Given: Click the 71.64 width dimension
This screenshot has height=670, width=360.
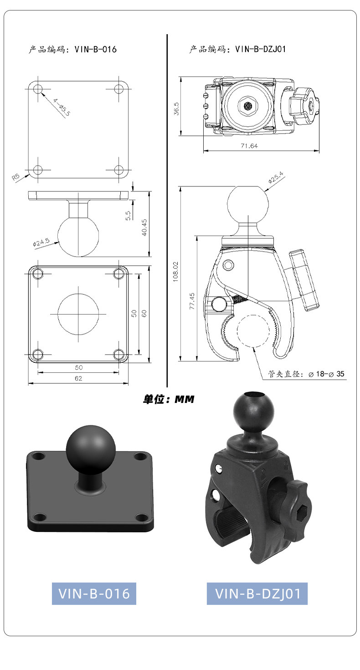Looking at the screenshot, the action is (249, 146).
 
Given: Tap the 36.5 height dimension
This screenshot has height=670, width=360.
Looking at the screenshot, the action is (176, 108).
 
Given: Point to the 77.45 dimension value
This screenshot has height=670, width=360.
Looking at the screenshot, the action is (192, 301).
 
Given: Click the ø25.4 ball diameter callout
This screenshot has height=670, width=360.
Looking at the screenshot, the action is (276, 177).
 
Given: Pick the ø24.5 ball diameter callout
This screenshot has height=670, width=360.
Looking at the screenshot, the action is (41, 242).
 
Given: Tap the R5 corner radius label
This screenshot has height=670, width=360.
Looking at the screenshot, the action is (15, 177).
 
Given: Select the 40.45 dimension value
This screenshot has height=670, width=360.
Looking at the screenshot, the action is (144, 227).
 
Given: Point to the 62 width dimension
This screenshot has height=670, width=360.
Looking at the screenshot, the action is (78, 378).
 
